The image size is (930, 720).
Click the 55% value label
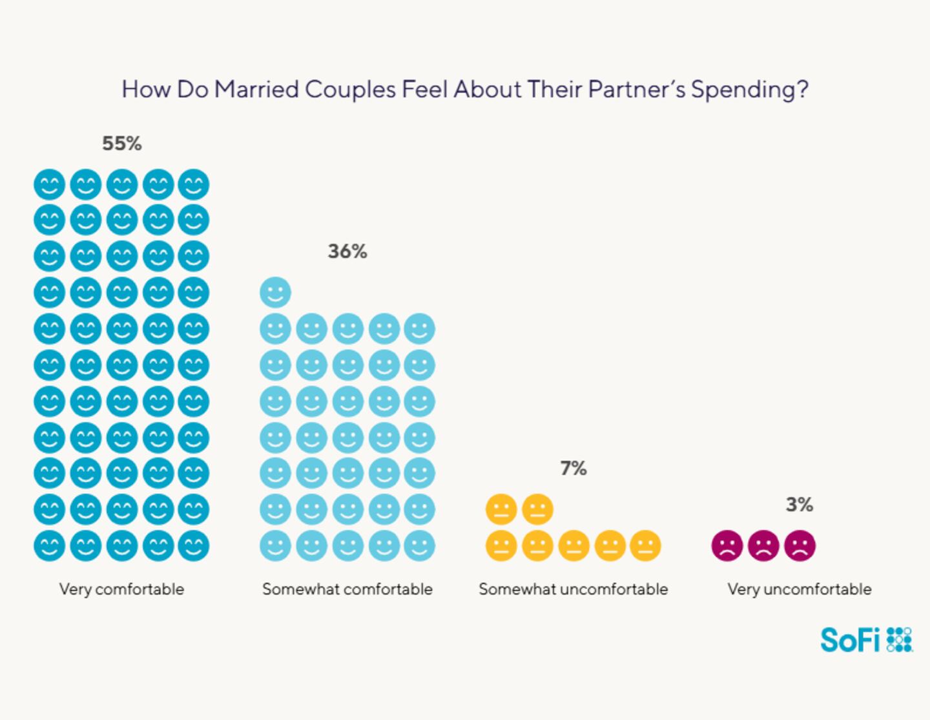[x=122, y=143]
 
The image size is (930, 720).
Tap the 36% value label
[x=347, y=251]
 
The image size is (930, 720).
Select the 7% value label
[x=573, y=468]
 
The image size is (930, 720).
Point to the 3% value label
[x=800, y=504]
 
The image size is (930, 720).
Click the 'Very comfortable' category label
[x=121, y=589]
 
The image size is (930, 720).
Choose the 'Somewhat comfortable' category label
[x=347, y=589]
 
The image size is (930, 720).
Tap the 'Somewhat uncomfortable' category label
[x=573, y=589]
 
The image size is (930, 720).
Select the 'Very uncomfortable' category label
[x=800, y=589]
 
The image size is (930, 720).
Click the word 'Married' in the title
[x=256, y=89]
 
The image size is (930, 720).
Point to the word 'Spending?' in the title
[x=750, y=90]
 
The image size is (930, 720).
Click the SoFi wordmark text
[x=850, y=640]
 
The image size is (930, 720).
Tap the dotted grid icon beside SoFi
[x=900, y=639]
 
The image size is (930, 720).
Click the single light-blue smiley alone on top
[x=276, y=293]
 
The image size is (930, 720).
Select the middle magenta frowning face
[x=763, y=545]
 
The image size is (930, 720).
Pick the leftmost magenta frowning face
[x=727, y=545]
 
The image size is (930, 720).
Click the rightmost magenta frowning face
[x=800, y=545]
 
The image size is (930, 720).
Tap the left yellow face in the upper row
[x=501, y=509]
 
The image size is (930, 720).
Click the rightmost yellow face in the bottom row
[x=645, y=545]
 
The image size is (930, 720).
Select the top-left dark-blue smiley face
[x=50, y=185]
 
